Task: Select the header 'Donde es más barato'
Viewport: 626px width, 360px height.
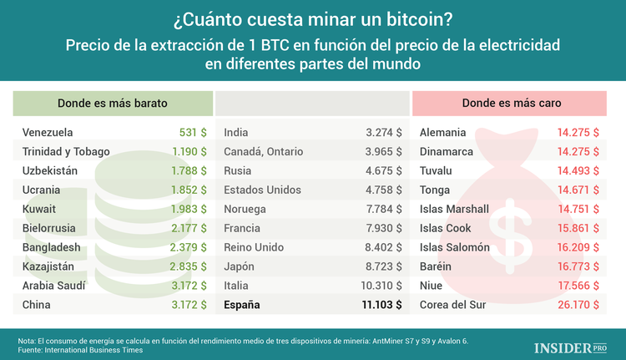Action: click(x=113, y=103)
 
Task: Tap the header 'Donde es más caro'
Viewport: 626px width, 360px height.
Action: click(x=512, y=103)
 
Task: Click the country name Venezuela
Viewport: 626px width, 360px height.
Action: click(x=48, y=132)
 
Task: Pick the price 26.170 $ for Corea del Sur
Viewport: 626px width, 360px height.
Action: click(x=578, y=305)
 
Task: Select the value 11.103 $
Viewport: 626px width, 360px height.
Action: click(x=374, y=305)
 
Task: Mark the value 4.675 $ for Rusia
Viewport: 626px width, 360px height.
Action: click(x=384, y=170)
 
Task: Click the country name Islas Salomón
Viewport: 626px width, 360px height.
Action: click(x=455, y=247)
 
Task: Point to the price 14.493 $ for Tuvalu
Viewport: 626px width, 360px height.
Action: click(x=578, y=170)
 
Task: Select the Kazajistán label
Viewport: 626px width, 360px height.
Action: click(x=50, y=266)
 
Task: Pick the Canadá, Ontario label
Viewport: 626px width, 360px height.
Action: click(x=263, y=151)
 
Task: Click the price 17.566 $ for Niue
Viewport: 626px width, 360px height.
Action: click(x=578, y=286)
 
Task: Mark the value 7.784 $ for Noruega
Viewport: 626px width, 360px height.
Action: click(x=384, y=209)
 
